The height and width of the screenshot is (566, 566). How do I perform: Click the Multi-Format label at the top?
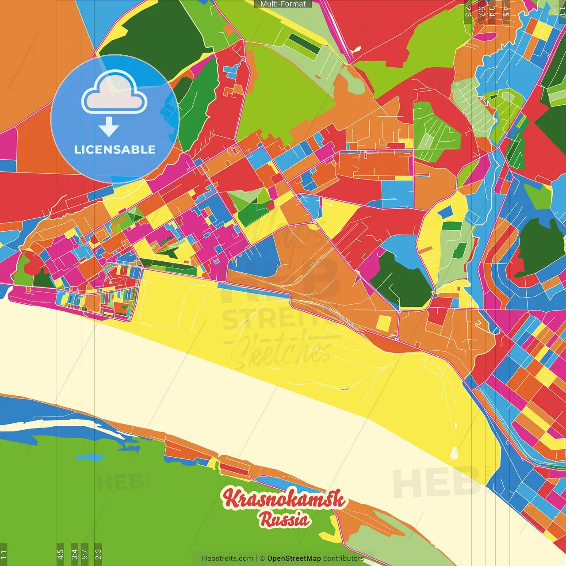(283, 4)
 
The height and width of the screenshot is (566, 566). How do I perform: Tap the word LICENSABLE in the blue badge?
(115, 149)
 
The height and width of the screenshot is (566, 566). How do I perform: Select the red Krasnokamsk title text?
(283, 499)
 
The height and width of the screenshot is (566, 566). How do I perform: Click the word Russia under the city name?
(284, 520)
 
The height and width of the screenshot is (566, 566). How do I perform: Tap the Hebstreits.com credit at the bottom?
(227, 558)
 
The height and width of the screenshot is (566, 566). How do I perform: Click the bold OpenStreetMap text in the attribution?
(294, 558)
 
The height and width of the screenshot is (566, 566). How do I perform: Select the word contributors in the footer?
(343, 558)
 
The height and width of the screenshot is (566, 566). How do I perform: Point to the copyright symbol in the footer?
(262, 558)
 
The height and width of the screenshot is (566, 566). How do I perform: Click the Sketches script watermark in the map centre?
(281, 352)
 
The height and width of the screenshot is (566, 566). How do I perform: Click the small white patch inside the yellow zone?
(454, 453)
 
